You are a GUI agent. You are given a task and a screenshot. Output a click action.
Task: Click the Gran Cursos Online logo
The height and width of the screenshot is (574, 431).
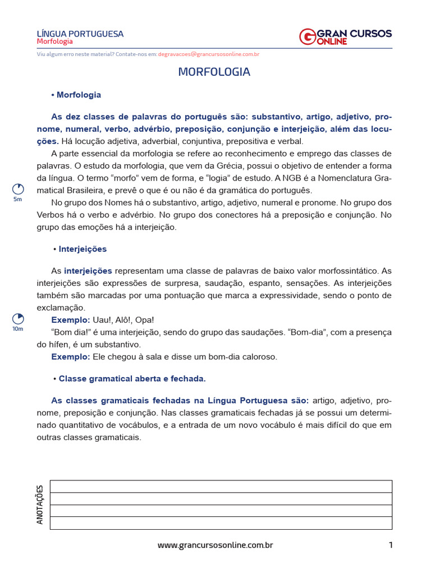click(345, 36)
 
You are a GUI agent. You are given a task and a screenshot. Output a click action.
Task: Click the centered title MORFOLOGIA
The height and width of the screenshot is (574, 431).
click(214, 72)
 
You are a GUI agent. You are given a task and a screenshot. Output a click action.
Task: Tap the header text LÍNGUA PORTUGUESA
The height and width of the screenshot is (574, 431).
click(80, 34)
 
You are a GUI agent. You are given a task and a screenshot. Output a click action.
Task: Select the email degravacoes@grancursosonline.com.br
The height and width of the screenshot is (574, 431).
click(209, 54)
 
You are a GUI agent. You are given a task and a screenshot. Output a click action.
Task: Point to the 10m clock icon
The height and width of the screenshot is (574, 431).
click(18, 319)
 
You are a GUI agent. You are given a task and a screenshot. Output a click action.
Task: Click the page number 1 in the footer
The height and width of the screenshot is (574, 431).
click(390, 545)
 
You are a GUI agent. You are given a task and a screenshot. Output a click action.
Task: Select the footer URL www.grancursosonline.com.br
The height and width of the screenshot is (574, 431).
click(215, 545)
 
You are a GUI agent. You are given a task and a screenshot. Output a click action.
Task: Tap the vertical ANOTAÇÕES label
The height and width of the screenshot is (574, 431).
click(40, 504)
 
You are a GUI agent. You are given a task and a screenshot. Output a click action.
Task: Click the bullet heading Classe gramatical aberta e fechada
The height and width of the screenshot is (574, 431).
click(132, 379)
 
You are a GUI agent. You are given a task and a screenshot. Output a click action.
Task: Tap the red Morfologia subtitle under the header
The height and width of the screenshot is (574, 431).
click(55, 42)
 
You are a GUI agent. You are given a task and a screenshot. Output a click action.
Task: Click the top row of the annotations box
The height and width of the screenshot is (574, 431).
click(221, 487)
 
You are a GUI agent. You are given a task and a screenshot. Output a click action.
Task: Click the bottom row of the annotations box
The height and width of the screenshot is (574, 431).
click(221, 523)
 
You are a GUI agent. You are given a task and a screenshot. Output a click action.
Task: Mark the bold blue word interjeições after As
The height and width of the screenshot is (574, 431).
click(88, 271)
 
